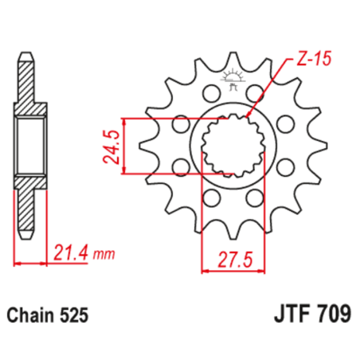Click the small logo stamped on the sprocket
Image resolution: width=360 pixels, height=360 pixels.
click(233, 78)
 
